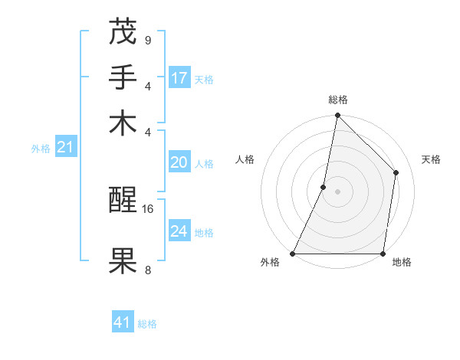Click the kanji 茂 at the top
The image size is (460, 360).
point(123,31)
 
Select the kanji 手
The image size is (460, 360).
point(123,77)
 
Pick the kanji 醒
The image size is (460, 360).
point(123,201)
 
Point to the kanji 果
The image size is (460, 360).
point(123,261)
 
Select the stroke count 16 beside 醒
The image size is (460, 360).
point(149,208)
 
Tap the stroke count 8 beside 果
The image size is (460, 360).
point(147,270)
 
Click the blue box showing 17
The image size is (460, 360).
point(179,77)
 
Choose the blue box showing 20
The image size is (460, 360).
point(179,162)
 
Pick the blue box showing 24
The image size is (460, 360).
point(179,231)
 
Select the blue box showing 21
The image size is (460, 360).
point(64,147)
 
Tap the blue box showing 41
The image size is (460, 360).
point(123,322)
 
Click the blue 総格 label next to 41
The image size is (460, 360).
point(147,324)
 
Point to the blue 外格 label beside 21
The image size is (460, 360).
point(41,149)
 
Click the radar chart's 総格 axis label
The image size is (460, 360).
point(338,100)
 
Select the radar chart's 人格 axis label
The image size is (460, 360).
point(245,159)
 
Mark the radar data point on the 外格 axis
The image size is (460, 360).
point(293,254)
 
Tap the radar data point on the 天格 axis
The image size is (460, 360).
point(396,172)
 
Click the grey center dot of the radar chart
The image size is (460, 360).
point(338,191)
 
